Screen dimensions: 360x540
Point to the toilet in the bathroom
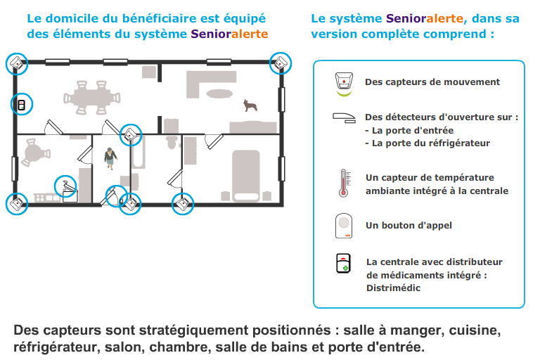[171, 141]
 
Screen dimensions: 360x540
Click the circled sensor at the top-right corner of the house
[281, 63]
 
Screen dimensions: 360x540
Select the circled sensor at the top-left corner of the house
[17, 63]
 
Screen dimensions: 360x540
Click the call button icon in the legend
[343, 226]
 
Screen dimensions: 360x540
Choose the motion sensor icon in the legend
[344, 82]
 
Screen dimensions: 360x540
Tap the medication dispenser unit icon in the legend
[343, 264]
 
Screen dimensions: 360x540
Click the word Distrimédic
[393, 288]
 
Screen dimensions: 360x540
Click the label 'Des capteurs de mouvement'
[432, 82]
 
